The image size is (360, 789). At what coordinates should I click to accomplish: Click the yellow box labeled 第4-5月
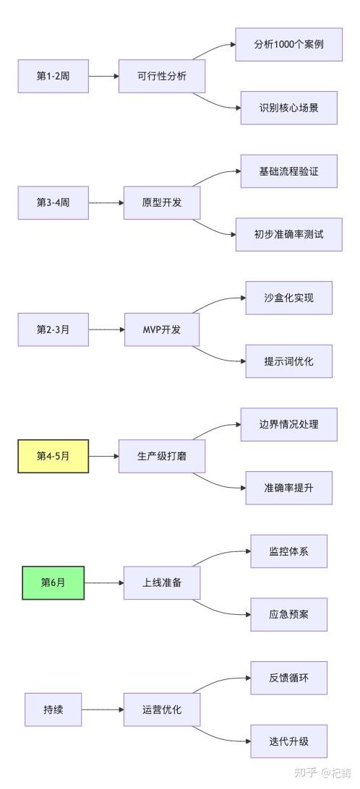tap(53, 456)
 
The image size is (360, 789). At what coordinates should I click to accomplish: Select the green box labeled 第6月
tap(53, 582)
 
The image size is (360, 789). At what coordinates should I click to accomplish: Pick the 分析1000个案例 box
tap(288, 44)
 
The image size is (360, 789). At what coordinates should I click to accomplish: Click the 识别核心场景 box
tap(288, 108)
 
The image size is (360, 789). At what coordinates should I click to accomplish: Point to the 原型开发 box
tap(162, 203)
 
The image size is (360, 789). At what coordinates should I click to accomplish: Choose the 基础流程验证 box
tap(288, 171)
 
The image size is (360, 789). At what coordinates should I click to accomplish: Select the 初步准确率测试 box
tap(288, 235)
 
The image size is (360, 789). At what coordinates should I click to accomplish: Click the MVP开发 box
tap(162, 329)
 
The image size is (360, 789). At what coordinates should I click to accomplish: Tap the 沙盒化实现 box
tap(288, 298)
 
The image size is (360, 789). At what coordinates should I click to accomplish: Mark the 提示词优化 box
tap(288, 361)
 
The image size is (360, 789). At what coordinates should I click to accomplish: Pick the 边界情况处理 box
tap(288, 425)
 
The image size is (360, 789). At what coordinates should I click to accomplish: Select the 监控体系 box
tap(288, 551)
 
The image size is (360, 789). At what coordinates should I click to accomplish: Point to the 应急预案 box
tap(288, 614)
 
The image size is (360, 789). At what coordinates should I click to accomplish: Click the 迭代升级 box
tap(288, 741)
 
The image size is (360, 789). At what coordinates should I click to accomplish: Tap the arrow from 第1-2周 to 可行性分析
tap(103, 76)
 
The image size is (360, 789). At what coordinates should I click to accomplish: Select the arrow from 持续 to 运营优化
tap(103, 710)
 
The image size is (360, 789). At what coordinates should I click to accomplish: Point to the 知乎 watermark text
tap(305, 772)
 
